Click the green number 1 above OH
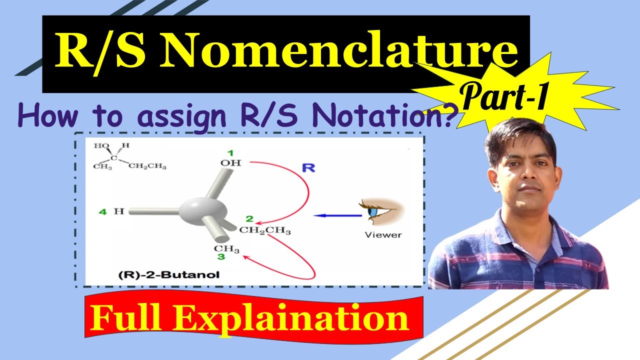tap(230, 152)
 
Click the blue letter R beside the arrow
tap(308, 167)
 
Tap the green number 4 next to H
tap(102, 211)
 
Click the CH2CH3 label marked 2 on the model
tap(264, 230)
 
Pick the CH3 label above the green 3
tap(227, 249)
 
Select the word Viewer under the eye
tap(383, 234)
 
